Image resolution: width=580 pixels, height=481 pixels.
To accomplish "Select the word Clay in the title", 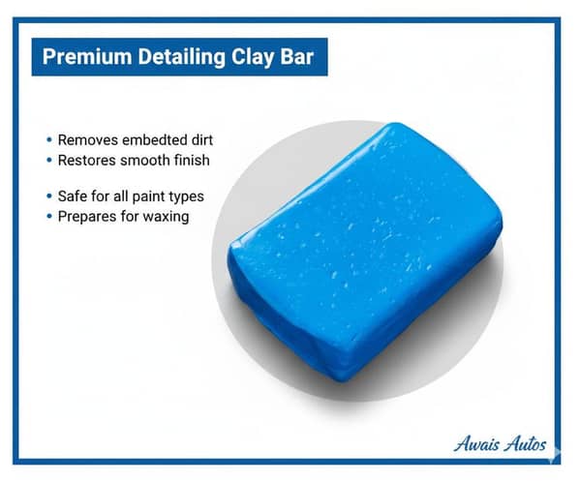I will point(248,58).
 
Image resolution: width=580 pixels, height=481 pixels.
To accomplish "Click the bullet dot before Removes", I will point(48,140).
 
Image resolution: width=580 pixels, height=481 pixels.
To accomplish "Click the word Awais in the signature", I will point(480,446).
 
